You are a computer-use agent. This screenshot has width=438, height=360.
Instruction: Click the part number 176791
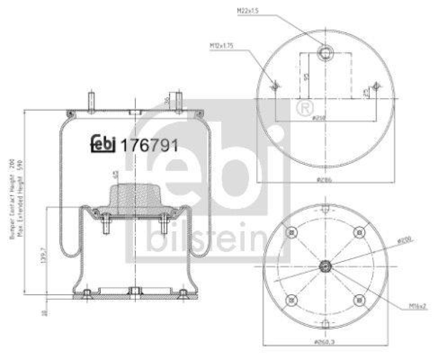point(149,146)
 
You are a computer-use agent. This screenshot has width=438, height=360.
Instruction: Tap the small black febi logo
point(102,144)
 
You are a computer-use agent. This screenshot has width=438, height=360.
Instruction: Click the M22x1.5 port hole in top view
point(326,53)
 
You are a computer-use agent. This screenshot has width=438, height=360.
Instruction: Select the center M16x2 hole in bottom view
point(325,266)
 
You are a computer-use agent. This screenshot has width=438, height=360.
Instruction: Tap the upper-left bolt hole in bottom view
point(292,233)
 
